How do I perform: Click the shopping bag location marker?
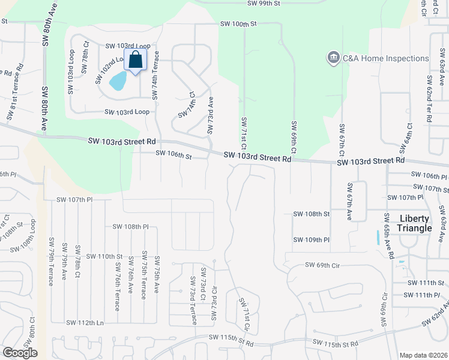pos(136,60)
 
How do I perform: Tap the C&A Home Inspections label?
pos(385,58)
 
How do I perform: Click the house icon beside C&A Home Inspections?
pos(333,58)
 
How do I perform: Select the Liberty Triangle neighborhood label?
pos(415,223)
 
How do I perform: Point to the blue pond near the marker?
pos(118,80)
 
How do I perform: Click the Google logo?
pos(20,353)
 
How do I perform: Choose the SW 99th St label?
pos(264,4)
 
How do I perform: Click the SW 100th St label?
pos(238,24)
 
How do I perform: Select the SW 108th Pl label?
pos(130,227)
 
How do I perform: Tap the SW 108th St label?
pos(312,214)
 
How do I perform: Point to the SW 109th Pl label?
pos(312,240)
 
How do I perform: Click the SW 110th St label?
pos(104,256)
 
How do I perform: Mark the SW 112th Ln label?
pos(85,323)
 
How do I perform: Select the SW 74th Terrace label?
pos(156,75)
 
